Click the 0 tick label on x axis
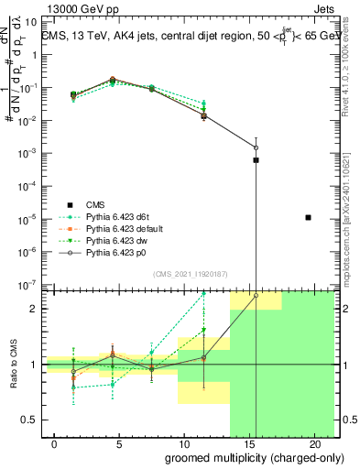pyautogui.click(x=56, y=444)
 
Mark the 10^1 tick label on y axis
pyautogui.click(x=32, y=22)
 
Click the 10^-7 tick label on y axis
pyautogui.click(x=31, y=285)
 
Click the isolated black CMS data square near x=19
pyautogui.click(x=308, y=217)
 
